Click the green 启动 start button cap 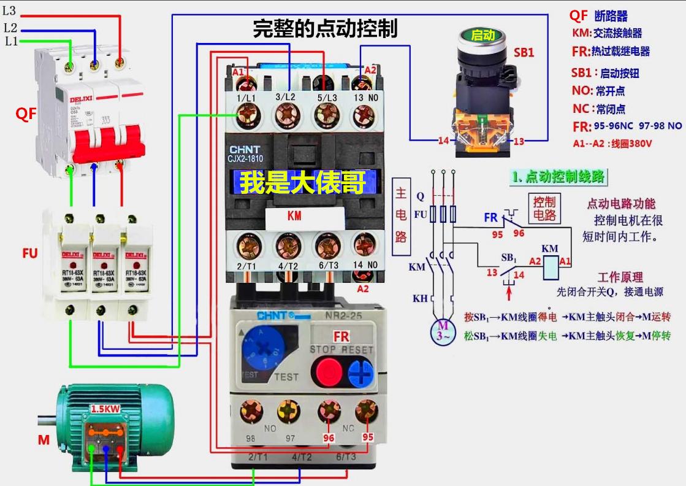pyautogui.click(x=483, y=36)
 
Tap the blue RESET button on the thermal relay pyautogui.click(x=360, y=372)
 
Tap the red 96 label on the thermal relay pyautogui.click(x=329, y=438)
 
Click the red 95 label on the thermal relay pyautogui.click(x=367, y=438)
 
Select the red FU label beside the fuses pyautogui.click(x=31, y=253)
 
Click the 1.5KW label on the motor pyautogui.click(x=106, y=409)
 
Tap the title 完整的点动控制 pyautogui.click(x=325, y=29)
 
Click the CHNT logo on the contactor pyautogui.click(x=245, y=150)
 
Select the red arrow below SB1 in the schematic pyautogui.click(x=509, y=299)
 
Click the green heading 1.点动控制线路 pyautogui.click(x=558, y=177)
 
